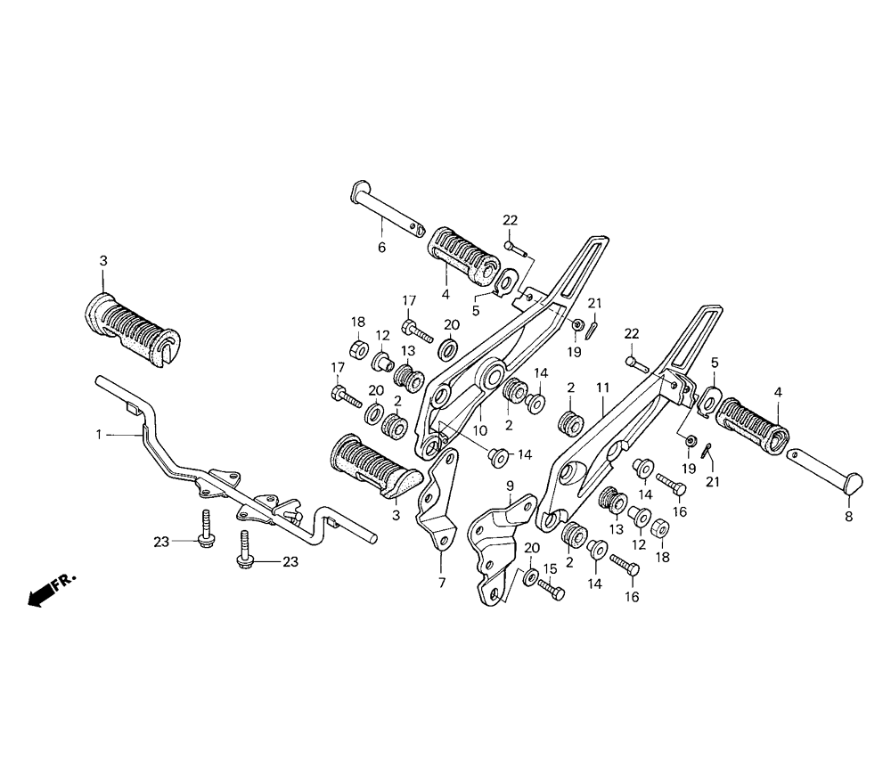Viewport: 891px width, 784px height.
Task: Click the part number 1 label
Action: [100, 435]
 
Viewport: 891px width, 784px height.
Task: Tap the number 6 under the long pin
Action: [381, 248]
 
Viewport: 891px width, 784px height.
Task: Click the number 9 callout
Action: [511, 486]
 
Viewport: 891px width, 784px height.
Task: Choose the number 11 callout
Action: [602, 388]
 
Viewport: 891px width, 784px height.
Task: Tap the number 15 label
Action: [550, 568]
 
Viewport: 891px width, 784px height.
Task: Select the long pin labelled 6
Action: [390, 211]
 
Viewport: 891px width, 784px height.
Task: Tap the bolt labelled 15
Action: [552, 588]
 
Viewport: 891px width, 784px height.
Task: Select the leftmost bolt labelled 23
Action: [204, 529]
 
